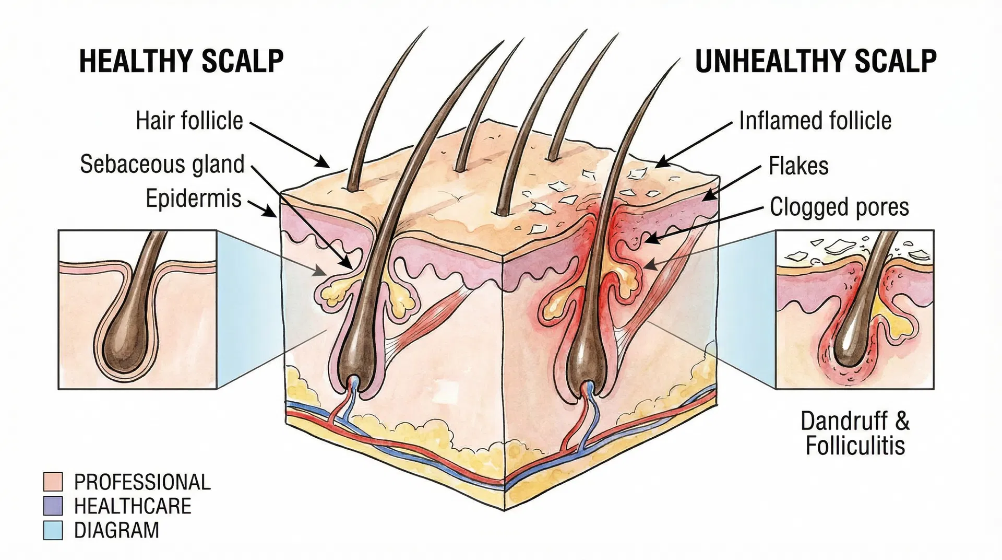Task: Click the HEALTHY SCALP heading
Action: click(181, 61)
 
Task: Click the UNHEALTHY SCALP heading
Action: click(816, 61)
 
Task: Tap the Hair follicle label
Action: click(189, 121)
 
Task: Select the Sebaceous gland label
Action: click(162, 164)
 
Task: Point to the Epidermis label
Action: click(194, 199)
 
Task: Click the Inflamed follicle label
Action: click(815, 121)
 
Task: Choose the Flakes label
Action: click(798, 166)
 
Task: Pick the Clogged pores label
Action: click(839, 207)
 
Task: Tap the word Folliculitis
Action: click(855, 446)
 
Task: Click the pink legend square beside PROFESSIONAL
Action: click(53, 482)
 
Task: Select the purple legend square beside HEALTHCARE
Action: click(53, 506)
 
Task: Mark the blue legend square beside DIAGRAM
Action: click(53, 530)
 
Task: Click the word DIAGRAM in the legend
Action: click(116, 530)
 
